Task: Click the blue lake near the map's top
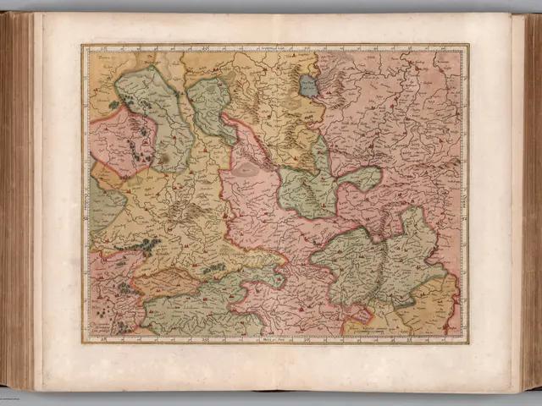click(x=309, y=85)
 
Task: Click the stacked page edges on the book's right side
click(x=528, y=203)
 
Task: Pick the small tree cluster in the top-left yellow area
click(x=113, y=104)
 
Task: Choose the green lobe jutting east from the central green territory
click(x=362, y=178)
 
